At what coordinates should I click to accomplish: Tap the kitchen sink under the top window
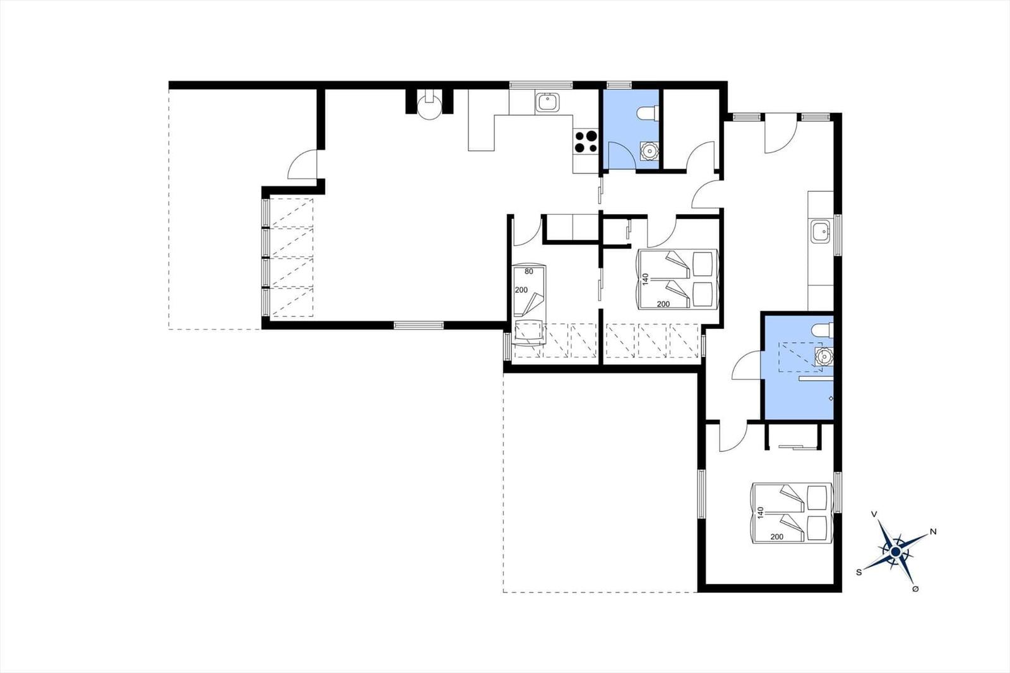click(548, 102)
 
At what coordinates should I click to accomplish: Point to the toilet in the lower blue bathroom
click(823, 330)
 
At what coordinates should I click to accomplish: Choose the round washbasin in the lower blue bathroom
click(824, 357)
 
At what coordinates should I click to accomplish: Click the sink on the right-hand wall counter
click(821, 232)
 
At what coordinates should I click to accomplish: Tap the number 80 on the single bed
click(529, 271)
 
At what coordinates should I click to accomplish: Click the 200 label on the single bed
click(521, 290)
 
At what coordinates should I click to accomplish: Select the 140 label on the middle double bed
click(645, 279)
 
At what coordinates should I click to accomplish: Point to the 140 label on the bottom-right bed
click(761, 513)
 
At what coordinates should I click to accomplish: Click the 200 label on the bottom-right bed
click(777, 537)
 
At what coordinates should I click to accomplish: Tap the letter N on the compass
click(934, 532)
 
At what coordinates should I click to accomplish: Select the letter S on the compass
click(859, 573)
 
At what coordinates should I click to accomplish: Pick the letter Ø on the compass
click(916, 589)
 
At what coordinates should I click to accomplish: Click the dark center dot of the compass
click(896, 552)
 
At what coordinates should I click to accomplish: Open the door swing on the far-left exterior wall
click(302, 164)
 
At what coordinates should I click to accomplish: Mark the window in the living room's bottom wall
click(419, 325)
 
